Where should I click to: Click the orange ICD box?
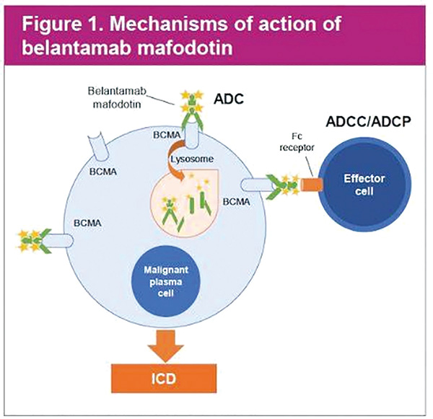coord(164,378)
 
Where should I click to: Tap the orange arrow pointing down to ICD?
coord(165,345)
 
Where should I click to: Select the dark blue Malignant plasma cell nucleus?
coord(166,281)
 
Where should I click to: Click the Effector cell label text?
coord(364,185)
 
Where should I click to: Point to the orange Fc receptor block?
coord(312,185)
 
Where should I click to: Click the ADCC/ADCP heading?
coord(368,121)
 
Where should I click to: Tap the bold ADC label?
coord(229,99)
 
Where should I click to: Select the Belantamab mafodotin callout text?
coord(117,97)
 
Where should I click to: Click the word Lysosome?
coord(192,159)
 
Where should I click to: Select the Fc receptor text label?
coord(297,142)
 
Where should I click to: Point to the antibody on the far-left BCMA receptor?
coord(35,241)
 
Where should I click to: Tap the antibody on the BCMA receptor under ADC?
coord(192,110)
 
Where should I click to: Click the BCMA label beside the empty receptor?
coord(103,172)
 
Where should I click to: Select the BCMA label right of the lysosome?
coord(237,202)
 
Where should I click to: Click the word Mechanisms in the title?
coord(169,24)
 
